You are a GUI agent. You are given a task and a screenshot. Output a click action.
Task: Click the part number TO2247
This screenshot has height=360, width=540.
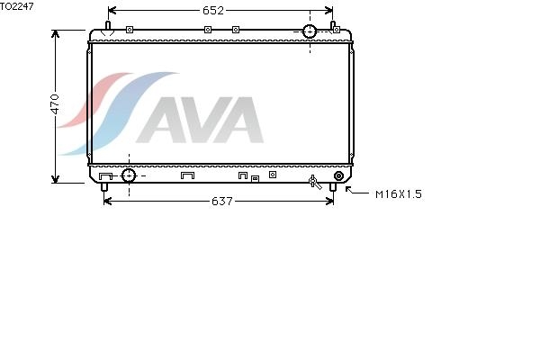tap(16, 6)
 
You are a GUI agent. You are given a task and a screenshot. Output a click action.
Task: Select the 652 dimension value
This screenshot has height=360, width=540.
tap(213, 11)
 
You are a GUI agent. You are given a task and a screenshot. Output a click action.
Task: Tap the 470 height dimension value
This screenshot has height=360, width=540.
tap(55, 104)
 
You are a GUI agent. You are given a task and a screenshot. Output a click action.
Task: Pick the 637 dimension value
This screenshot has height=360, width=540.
tap(222, 202)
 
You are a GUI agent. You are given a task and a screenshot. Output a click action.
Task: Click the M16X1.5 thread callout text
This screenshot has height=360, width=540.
tap(399, 194)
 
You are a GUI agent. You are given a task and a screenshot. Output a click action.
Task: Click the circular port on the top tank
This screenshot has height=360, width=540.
tap(310, 31)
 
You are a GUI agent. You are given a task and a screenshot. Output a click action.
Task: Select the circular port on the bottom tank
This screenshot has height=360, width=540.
tap(129, 175)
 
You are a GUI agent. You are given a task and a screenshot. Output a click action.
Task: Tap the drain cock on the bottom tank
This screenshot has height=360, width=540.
tap(315, 182)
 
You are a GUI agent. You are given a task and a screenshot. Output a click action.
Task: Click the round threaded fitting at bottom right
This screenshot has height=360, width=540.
tap(339, 176)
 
